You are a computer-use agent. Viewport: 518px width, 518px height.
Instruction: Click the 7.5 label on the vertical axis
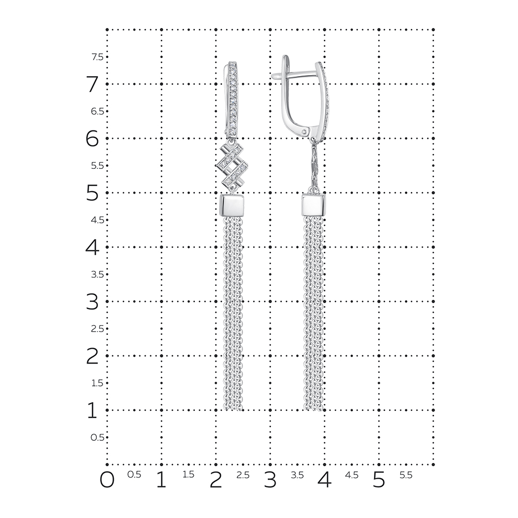point(97,57)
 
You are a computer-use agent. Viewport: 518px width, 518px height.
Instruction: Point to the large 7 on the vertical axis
point(93,84)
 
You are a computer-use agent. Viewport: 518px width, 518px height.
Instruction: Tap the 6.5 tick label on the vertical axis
point(97,111)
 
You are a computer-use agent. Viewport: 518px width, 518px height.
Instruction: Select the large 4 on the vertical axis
point(92,247)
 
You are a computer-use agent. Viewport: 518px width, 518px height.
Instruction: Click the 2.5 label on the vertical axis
point(97,329)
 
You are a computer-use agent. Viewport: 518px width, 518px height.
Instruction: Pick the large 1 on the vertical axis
point(92,410)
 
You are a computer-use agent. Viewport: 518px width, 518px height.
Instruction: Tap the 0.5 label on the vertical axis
point(97,437)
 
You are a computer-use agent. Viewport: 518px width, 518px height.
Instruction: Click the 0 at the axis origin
point(107,480)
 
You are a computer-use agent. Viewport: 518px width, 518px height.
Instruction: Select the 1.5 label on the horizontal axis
point(189,474)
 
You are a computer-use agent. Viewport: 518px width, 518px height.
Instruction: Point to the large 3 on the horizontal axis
point(270,480)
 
